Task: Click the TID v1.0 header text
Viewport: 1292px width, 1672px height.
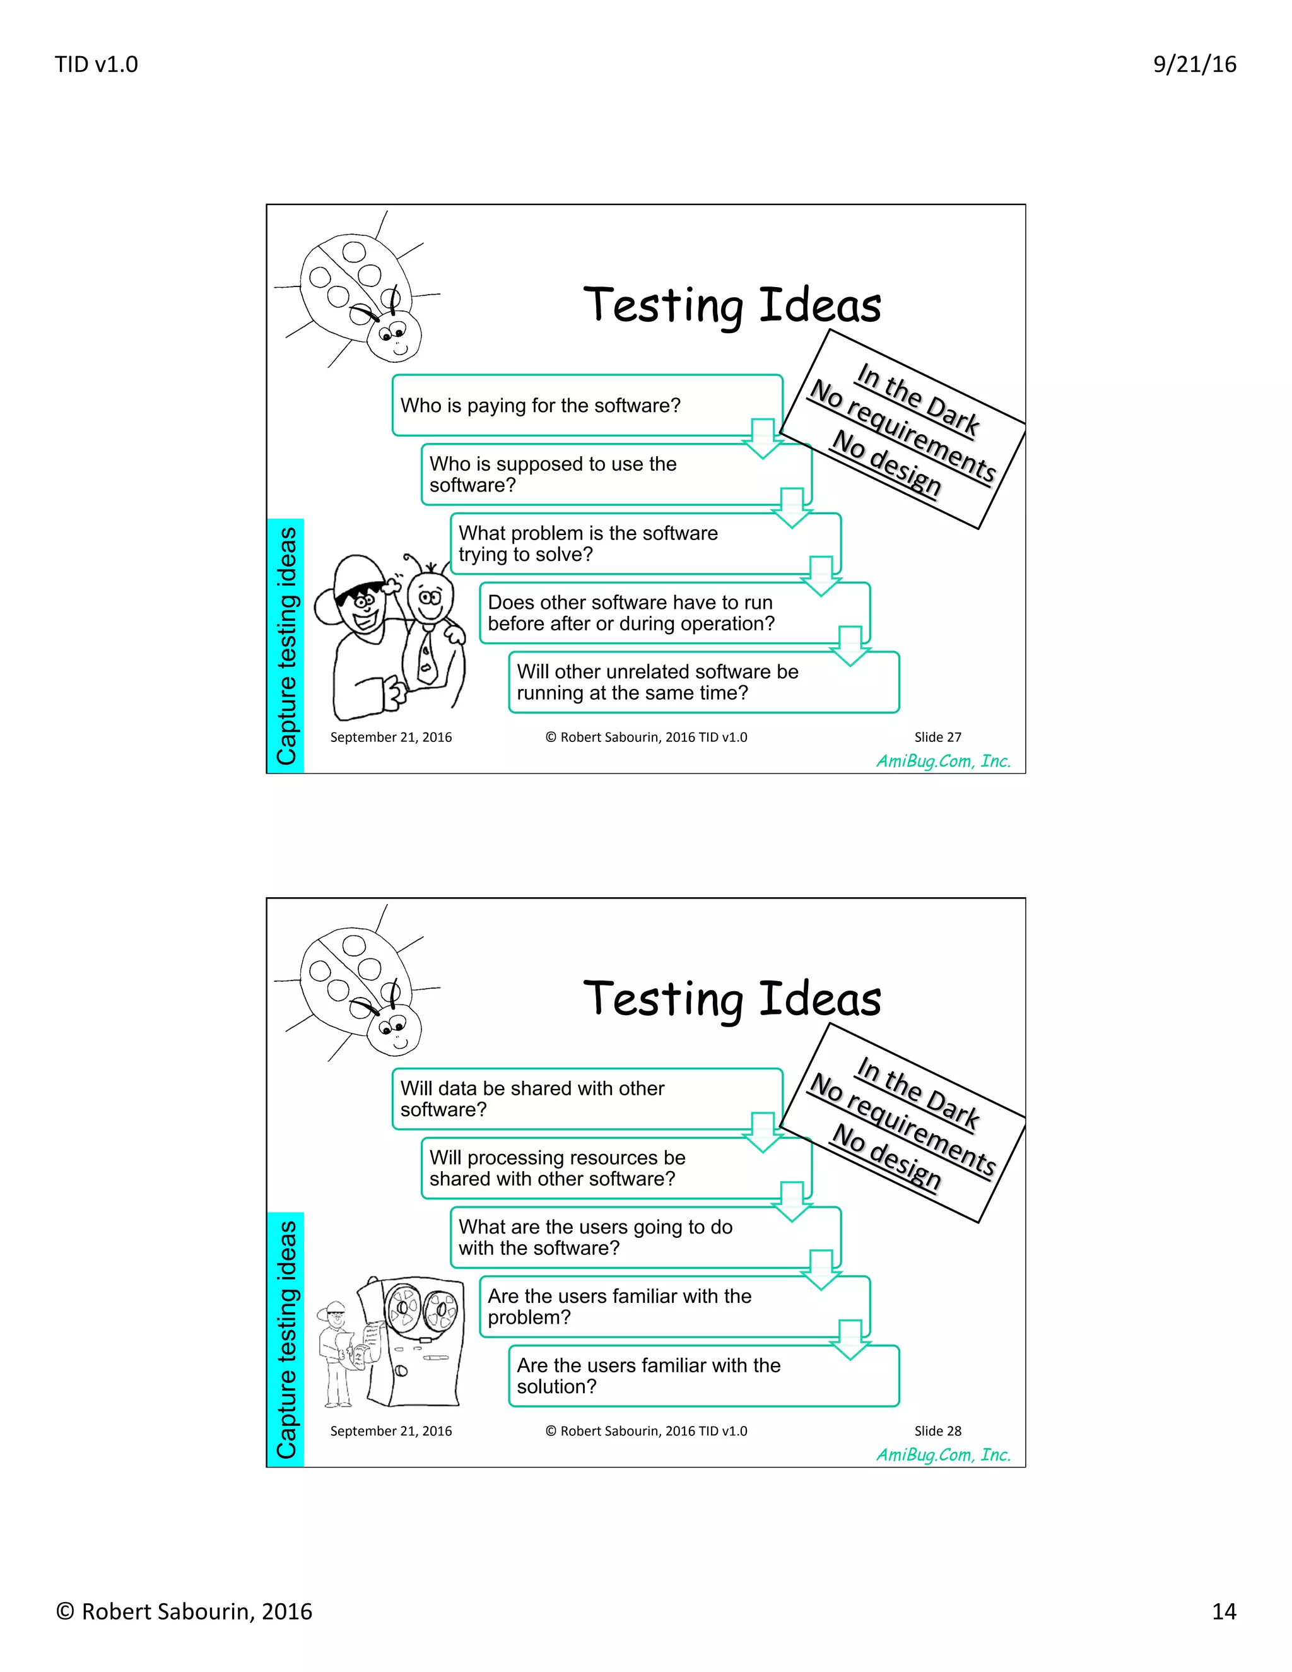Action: coord(97,64)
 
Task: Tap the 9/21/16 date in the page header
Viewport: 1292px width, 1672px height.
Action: coord(1194,64)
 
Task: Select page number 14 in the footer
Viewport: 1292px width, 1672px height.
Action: coord(1223,1611)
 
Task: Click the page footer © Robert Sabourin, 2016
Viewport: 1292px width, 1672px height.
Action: coord(184,1611)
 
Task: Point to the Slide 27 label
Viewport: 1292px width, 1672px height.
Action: coord(937,737)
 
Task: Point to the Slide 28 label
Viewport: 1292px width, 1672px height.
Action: coord(937,1431)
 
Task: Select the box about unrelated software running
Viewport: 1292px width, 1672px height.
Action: coord(703,682)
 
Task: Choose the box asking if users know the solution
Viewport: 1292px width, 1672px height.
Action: coord(703,1375)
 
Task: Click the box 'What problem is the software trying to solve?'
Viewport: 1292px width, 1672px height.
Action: coord(645,543)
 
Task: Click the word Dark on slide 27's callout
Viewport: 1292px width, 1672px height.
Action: coord(951,414)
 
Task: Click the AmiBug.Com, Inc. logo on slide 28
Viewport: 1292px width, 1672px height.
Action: coord(943,1454)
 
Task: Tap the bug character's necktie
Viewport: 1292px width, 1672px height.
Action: coord(426,658)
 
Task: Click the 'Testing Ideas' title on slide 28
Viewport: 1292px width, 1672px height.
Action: coord(732,999)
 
